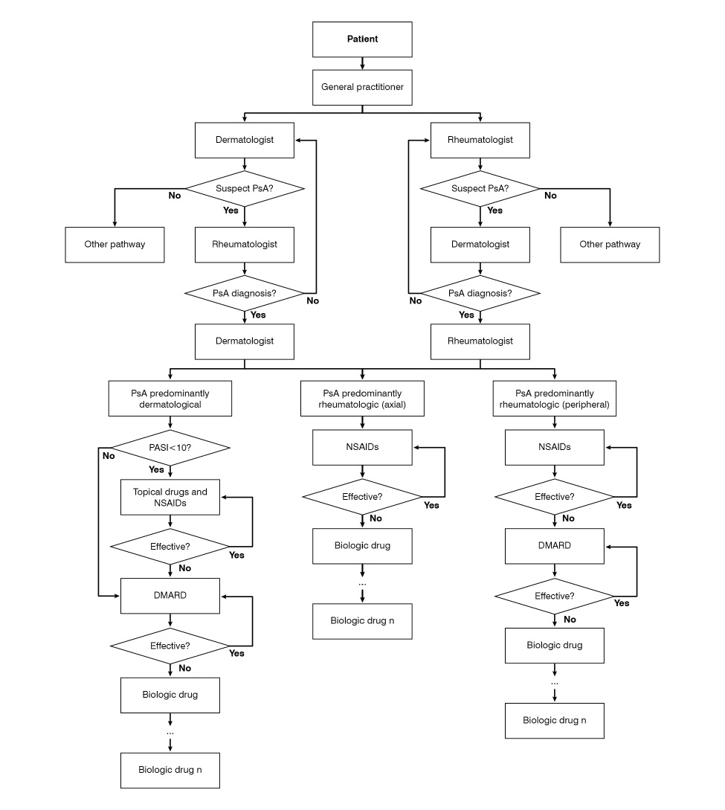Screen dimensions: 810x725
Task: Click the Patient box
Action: [362, 39]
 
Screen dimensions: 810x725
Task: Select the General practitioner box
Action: [362, 87]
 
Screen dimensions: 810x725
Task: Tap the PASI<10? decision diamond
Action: [170, 447]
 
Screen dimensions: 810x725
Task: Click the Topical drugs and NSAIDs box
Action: [170, 497]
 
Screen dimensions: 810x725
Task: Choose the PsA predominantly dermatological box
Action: [170, 398]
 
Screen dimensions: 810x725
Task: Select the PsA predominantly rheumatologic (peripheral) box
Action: [554, 398]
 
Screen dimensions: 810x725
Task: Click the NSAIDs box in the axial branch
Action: [362, 447]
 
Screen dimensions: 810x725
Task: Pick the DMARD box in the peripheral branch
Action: [554, 545]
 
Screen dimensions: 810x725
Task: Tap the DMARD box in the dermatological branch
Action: [170, 595]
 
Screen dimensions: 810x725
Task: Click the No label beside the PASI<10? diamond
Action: [109, 456]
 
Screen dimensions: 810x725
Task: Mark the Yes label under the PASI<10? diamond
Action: [156, 470]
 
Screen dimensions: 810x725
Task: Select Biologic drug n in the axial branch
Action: [362, 620]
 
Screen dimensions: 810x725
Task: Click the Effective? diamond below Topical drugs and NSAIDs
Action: [170, 546]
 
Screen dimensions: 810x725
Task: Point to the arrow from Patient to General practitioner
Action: [362, 64]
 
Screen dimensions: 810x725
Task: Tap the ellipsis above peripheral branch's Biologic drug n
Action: [554, 682]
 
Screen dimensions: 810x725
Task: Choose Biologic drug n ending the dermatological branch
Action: [170, 770]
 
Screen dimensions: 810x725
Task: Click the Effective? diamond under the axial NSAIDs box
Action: [362, 496]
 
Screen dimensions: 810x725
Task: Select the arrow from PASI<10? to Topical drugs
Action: [170, 472]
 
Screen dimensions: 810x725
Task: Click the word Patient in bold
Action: [362, 39]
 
